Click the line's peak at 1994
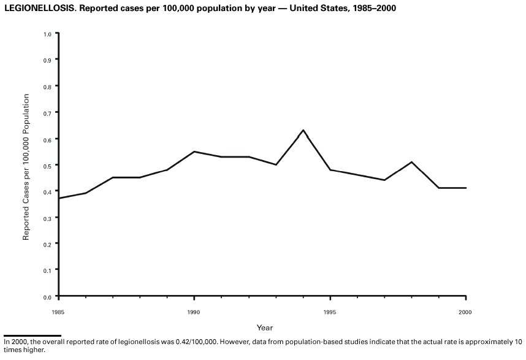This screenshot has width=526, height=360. (303, 130)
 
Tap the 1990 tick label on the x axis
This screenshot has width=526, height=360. (194, 313)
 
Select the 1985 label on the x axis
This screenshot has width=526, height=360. (58, 313)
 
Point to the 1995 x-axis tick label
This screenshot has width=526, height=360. (330, 313)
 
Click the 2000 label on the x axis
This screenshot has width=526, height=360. (465, 313)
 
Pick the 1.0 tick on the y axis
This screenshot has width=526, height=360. (47, 34)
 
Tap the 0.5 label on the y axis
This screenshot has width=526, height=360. (47, 165)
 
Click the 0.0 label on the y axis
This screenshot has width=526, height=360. (47, 297)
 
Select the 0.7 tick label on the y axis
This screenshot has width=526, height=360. (47, 113)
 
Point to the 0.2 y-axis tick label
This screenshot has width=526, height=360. (47, 243)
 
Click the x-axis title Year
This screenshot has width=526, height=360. (265, 328)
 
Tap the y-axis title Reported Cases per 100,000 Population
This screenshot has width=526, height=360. (26, 167)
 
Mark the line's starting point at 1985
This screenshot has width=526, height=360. (59, 198)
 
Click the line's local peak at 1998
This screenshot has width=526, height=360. (411, 162)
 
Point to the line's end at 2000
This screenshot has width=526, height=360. (466, 188)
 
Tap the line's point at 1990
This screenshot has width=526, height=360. (194, 151)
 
